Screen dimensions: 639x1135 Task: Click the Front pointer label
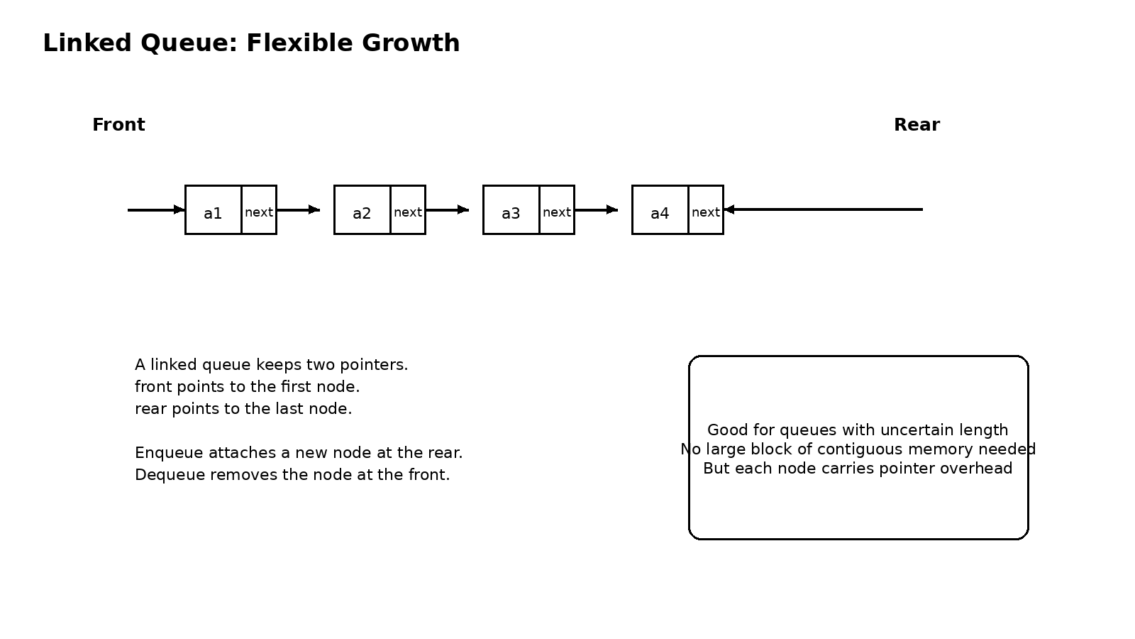118,125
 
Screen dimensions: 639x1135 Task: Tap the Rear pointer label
917,125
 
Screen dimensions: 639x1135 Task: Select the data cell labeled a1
213,210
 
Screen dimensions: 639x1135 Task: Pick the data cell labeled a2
362,210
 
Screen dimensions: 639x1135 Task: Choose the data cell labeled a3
511,210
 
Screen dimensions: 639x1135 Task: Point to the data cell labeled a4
660,210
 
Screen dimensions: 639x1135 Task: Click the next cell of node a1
259,210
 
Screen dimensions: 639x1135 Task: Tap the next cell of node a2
408,210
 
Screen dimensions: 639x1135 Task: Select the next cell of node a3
557,210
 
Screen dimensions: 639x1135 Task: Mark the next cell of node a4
706,210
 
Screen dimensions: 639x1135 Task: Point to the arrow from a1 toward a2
298,210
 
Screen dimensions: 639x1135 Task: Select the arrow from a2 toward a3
447,210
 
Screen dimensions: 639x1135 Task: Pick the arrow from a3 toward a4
596,210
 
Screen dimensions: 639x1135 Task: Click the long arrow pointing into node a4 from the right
823,209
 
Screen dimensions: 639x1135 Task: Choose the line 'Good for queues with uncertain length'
858,430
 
